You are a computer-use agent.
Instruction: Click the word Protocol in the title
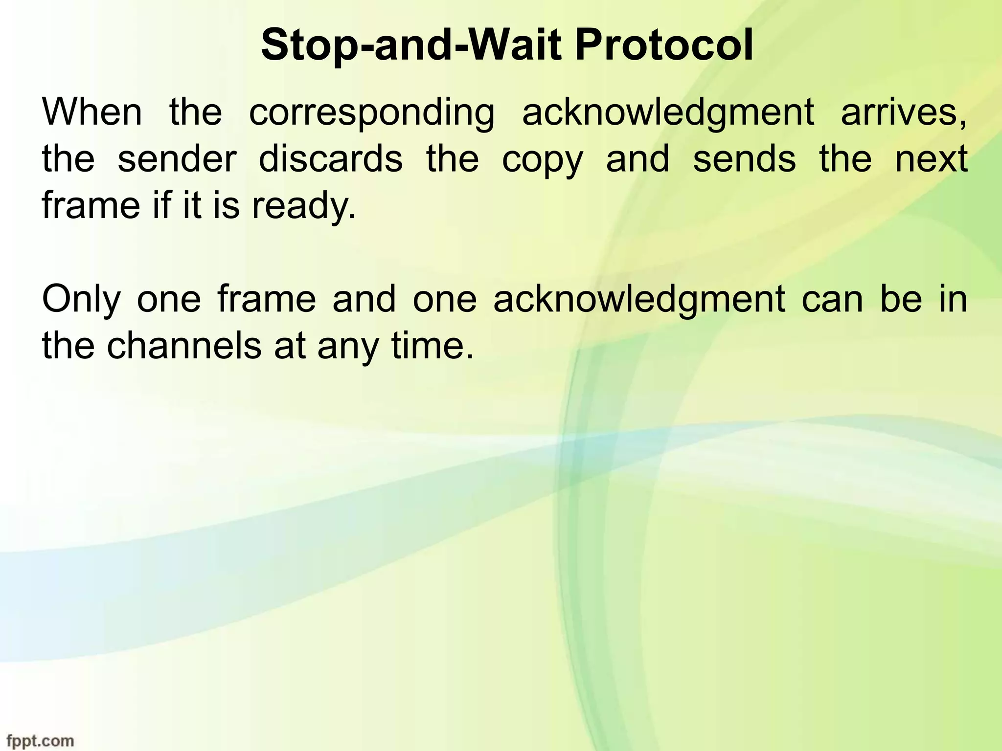[x=663, y=46]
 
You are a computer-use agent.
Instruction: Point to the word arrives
[x=903, y=112]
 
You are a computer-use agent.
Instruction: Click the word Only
[x=81, y=300]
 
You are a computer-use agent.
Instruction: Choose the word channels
[x=184, y=346]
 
